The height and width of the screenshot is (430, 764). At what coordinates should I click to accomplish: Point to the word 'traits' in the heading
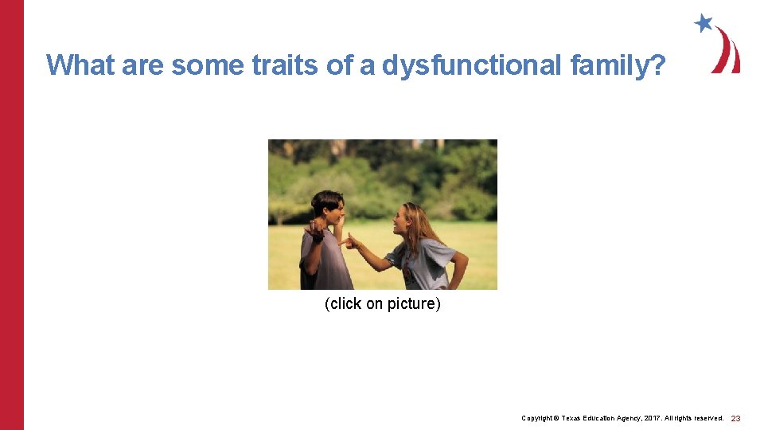286,64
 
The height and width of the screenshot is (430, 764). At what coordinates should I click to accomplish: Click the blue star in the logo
704,23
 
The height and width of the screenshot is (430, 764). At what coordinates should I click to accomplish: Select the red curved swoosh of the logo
727,53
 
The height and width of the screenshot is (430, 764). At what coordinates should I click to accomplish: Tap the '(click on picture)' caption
382,304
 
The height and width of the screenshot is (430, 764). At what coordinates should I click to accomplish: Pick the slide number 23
735,418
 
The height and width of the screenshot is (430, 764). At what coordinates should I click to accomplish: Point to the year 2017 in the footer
652,418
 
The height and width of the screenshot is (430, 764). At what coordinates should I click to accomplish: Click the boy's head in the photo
326,207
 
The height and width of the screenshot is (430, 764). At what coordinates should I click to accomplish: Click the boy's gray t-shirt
326,263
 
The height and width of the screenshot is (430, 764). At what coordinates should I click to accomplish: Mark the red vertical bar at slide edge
12,215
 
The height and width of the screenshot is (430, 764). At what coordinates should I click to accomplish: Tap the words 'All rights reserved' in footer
696,418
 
